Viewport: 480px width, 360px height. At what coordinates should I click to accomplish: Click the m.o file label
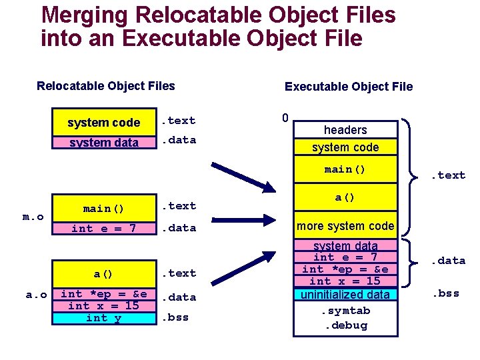[33, 217]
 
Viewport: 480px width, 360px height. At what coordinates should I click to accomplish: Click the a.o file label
[35, 294]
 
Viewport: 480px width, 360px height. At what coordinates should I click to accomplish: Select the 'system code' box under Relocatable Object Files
[103, 122]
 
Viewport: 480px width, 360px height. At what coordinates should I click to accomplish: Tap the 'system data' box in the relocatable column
[103, 142]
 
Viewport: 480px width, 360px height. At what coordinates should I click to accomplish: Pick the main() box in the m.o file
[103, 209]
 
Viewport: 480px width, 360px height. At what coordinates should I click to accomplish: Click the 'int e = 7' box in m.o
[103, 229]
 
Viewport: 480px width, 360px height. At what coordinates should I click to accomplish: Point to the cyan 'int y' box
[103, 318]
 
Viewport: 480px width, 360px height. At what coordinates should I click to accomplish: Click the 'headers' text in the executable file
[345, 129]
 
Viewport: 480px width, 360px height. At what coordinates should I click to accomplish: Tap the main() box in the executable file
[345, 169]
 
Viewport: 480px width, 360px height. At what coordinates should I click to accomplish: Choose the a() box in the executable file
[345, 198]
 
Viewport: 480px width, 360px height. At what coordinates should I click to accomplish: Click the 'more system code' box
[345, 226]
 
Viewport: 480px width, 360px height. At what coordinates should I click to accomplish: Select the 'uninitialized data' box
[345, 294]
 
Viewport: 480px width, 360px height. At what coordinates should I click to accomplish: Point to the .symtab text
[345, 311]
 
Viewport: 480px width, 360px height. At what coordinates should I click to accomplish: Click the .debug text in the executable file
[345, 325]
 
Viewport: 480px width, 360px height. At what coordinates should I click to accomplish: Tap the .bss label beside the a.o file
[177, 317]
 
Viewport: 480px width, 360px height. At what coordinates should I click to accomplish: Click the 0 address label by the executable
[285, 119]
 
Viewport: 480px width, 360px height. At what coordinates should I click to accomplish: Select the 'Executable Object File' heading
[349, 87]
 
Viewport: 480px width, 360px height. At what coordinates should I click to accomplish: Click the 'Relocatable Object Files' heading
[106, 86]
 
